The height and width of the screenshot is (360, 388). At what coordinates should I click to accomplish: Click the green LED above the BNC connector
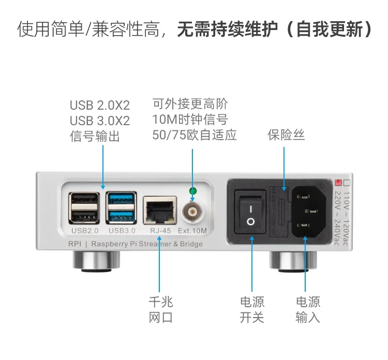click(x=192, y=191)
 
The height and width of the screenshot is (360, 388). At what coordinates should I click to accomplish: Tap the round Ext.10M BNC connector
click(x=193, y=211)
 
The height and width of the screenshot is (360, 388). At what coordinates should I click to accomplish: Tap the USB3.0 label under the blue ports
click(x=122, y=231)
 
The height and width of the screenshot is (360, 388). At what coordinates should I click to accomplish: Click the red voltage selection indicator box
click(x=339, y=183)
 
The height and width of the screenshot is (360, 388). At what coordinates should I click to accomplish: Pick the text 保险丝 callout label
click(x=286, y=135)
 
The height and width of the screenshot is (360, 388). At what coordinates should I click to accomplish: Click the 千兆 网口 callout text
click(x=160, y=309)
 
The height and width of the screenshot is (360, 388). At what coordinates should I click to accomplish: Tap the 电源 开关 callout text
click(x=252, y=309)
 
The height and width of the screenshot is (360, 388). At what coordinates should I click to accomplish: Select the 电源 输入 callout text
click(x=308, y=309)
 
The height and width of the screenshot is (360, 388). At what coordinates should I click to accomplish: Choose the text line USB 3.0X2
click(x=100, y=121)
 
